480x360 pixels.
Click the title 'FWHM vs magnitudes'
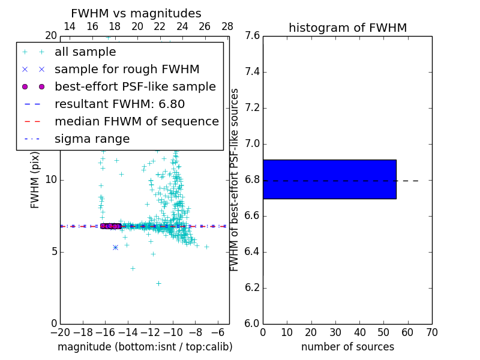tap(136, 13)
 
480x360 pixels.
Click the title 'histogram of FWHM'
tap(347, 28)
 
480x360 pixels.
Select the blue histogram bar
tap(329, 179)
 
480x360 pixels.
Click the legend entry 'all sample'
tap(85, 52)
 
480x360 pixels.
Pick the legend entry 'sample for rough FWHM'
tap(127, 69)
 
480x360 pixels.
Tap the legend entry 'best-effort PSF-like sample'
tap(135, 86)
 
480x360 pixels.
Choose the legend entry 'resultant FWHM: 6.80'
tap(119, 104)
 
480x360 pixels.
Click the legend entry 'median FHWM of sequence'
tap(136, 121)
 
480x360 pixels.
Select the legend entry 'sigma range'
tap(92, 139)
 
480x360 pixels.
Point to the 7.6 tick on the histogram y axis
tap(253, 36)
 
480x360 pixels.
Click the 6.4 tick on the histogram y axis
tap(253, 251)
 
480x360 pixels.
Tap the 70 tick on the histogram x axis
tap(431, 332)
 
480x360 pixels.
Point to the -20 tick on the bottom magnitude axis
tap(60, 332)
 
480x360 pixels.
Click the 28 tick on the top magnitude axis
tap(227, 26)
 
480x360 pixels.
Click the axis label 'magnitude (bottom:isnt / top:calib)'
tap(145, 347)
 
